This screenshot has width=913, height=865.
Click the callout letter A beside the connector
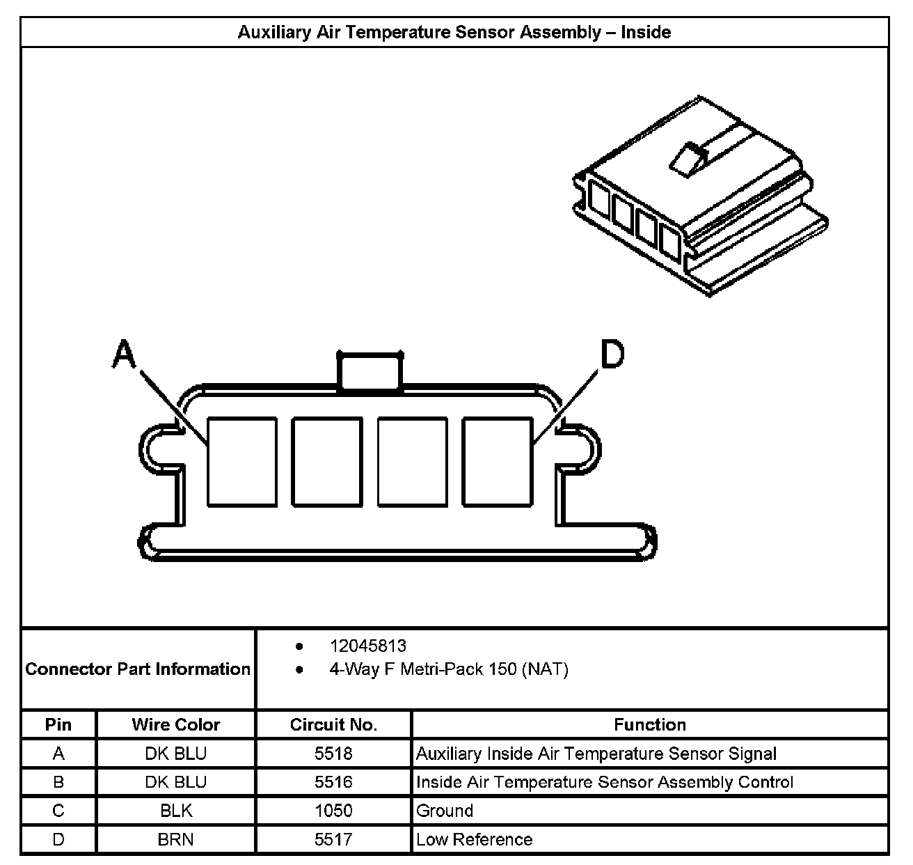point(124,354)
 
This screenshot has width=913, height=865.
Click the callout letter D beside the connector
point(612,354)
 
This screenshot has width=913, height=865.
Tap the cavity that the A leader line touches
point(242,461)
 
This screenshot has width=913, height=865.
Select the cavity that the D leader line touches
point(498,461)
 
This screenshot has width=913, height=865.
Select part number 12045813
point(367,646)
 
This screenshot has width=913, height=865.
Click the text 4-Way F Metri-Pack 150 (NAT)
point(448,669)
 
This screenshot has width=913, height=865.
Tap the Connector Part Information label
point(138,669)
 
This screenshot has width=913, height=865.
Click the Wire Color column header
point(175,725)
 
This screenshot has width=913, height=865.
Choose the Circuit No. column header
point(333,725)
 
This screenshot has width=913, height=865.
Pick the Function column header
point(649,725)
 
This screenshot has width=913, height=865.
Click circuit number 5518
point(333,754)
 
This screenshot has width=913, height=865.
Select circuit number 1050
point(333,811)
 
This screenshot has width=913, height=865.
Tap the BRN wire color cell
point(175,839)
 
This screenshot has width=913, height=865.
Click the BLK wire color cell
point(175,811)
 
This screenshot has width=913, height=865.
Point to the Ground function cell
point(445,811)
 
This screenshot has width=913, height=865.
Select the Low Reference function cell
point(474,839)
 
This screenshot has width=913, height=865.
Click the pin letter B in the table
point(58,782)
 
